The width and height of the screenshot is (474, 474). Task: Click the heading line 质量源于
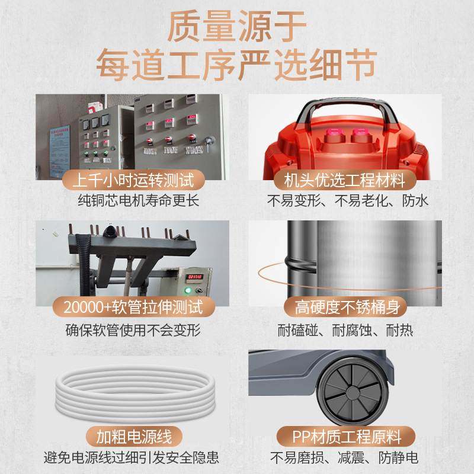(x=237, y=27)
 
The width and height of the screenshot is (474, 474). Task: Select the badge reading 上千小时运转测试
(x=130, y=180)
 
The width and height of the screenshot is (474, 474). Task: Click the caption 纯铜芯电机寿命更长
(x=130, y=200)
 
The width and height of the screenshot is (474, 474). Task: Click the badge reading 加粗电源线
(x=130, y=437)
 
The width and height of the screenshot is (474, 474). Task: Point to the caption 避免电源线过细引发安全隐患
(x=130, y=458)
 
